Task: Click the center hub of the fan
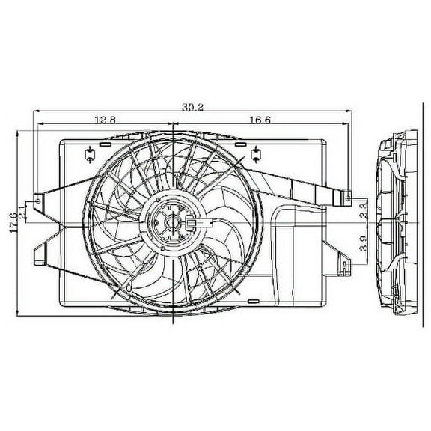coord(172,222)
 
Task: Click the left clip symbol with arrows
coord(88,153)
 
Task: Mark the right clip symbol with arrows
coord(255,153)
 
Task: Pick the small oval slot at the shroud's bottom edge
coord(173,307)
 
